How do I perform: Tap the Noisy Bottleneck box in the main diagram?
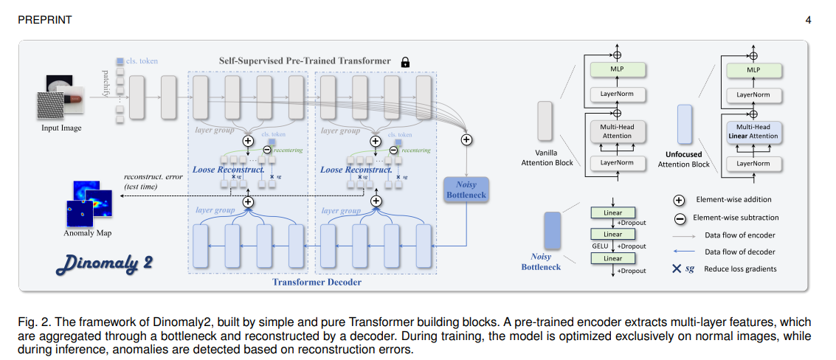click(466, 190)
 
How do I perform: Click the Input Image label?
click(61, 128)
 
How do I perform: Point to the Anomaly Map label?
click(89, 233)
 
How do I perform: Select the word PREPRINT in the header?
click(45, 20)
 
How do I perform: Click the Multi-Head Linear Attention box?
click(753, 131)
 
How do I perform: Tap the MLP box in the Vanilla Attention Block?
click(618, 70)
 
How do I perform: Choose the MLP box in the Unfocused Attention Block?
click(753, 70)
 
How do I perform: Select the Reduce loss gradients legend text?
click(740, 269)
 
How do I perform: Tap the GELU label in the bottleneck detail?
click(598, 246)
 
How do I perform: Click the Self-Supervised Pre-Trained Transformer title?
click(305, 60)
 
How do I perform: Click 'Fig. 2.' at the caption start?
click(33, 322)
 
